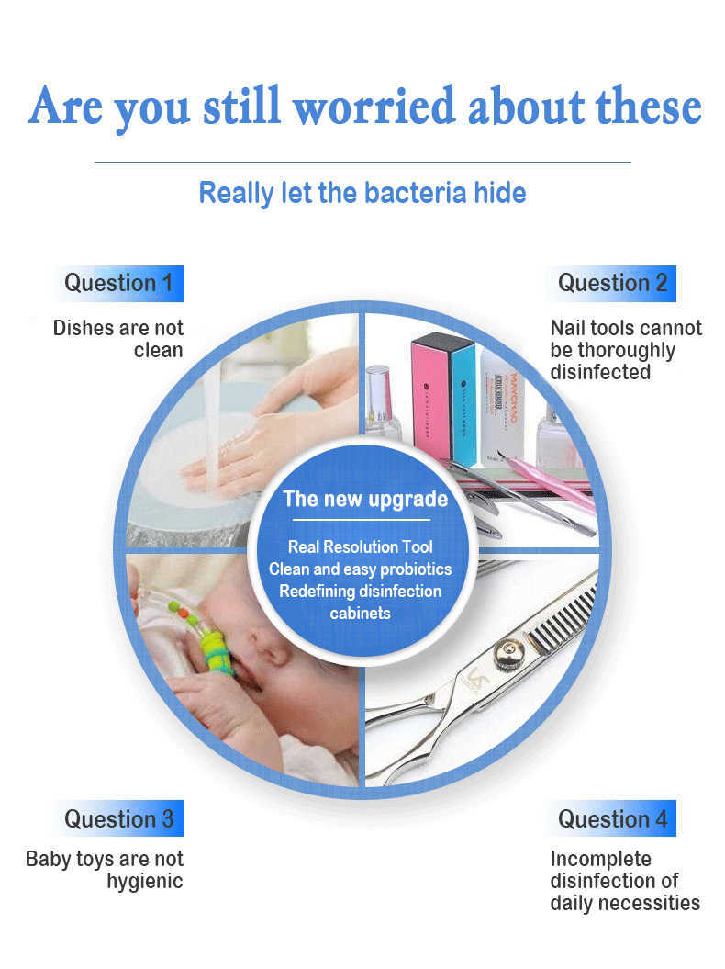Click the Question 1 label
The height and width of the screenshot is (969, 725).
(118, 284)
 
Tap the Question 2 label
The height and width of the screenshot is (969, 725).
(612, 284)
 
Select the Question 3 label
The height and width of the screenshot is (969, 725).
(118, 819)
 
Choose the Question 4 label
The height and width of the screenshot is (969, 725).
(612, 819)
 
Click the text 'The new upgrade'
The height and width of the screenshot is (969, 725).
(365, 500)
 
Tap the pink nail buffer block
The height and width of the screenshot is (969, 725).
(430, 396)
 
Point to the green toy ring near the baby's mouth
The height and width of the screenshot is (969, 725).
(217, 653)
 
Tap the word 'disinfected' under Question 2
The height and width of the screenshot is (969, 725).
(600, 372)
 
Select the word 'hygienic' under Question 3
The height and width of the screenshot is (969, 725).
(144, 882)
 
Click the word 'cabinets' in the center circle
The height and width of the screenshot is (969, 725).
(360, 613)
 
